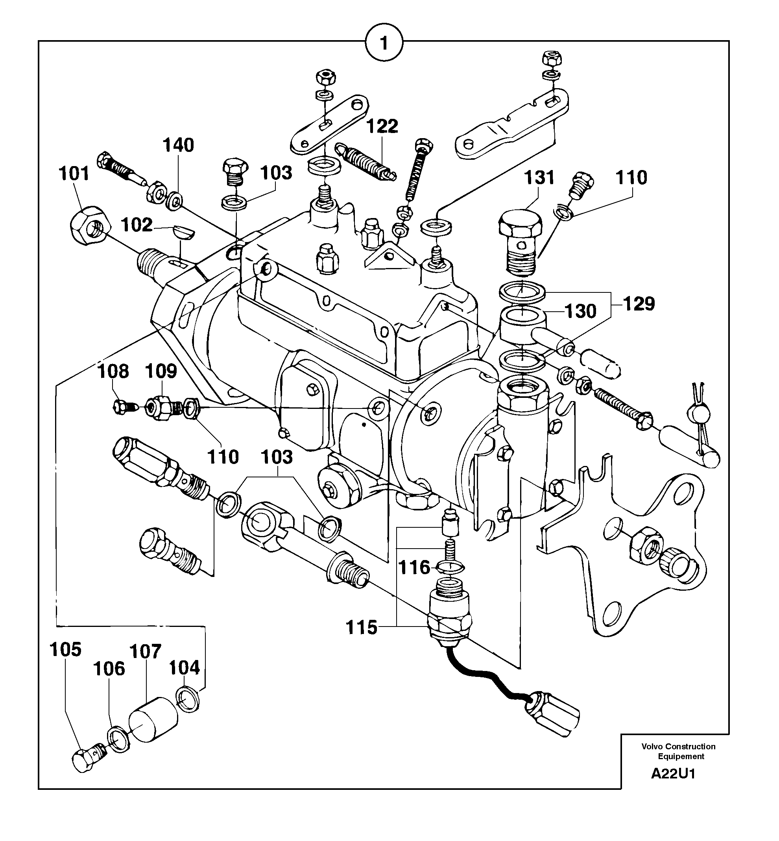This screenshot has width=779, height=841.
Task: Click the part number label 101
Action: (74, 174)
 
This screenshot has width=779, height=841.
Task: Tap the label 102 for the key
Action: (137, 225)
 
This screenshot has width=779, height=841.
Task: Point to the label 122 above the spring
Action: (382, 126)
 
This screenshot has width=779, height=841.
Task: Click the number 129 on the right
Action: (639, 304)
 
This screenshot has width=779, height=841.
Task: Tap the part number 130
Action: (580, 312)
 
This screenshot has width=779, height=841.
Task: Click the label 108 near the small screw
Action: (113, 372)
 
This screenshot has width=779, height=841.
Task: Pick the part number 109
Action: (161, 372)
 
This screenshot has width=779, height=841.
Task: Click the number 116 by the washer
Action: (414, 568)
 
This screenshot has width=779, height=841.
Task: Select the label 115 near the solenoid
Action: (362, 628)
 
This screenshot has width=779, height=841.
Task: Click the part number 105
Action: (65, 650)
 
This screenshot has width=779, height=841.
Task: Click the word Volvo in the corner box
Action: (652, 747)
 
